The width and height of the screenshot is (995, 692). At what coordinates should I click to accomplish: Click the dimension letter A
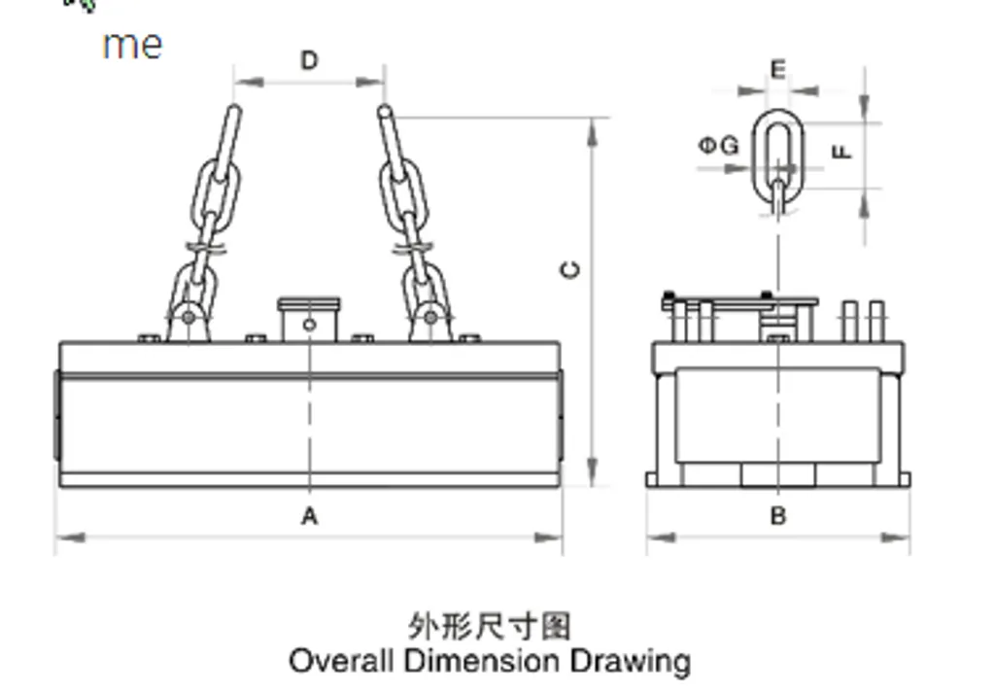coord(309,516)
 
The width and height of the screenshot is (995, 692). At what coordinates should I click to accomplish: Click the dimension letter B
coord(777,516)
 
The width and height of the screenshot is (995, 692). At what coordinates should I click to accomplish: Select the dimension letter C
coord(572,269)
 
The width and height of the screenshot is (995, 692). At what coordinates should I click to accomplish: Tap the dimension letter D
coord(309,61)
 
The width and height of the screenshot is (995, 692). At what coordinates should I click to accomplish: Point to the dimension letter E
coord(777,69)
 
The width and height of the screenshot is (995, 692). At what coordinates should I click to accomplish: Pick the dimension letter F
coord(842,152)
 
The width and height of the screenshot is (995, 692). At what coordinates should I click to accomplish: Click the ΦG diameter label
coord(719,146)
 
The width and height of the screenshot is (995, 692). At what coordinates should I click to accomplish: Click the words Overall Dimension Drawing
coord(490,662)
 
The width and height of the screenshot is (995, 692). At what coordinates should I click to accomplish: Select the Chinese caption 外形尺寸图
coord(490,625)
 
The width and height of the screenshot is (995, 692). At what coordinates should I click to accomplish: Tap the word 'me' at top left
coord(132,45)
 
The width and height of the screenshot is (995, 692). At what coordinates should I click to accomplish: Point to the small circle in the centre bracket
coord(309,325)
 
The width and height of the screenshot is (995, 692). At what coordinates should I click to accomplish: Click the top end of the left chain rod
coord(234,110)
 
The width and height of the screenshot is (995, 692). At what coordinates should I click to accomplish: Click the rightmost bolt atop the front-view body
coord(469,338)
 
